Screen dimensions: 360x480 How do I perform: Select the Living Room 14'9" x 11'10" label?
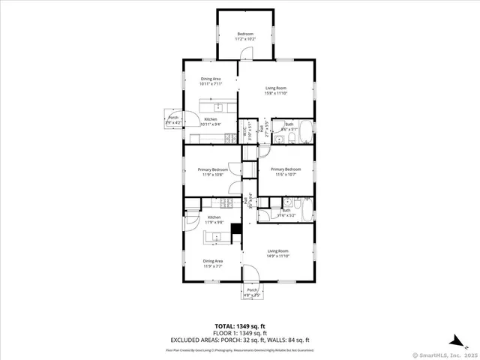pos(278,253)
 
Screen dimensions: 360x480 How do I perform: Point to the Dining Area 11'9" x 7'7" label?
pos(213,263)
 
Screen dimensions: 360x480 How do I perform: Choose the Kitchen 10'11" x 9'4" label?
pos(211,121)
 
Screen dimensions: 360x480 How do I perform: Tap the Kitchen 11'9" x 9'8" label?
pos(214,220)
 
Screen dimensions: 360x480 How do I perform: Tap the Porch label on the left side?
pos(173,120)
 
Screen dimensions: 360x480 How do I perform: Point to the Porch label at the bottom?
pos(253,292)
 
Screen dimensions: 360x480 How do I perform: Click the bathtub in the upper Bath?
pos(305,127)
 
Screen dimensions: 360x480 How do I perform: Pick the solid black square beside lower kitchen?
pos(235,229)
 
